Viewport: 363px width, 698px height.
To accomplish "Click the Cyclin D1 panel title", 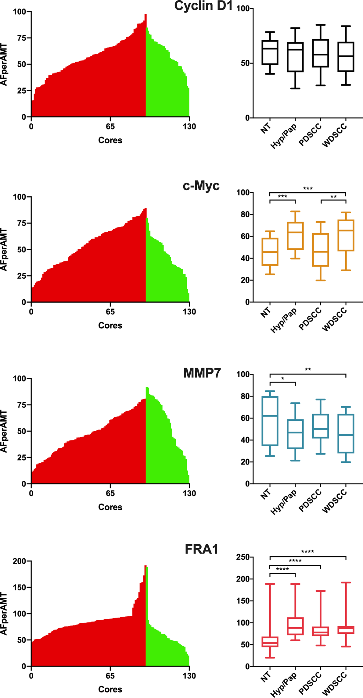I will point(204,6).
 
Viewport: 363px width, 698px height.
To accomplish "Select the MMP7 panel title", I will point(202,373).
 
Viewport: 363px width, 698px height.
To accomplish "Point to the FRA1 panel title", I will point(202,549).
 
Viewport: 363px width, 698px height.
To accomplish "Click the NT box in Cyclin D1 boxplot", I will point(270,52).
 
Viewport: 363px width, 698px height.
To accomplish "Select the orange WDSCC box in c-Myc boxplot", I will point(346,235).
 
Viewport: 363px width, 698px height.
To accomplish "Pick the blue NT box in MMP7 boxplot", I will point(270,421).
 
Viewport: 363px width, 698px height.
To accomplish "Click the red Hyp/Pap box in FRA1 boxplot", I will point(295,626).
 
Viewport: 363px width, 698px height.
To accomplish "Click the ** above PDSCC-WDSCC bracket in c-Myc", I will point(333,197).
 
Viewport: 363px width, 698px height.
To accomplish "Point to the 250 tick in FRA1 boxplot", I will point(243,557).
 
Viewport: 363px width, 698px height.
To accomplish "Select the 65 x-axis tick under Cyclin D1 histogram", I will point(110,126).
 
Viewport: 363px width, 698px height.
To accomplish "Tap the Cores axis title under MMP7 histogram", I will point(110,507).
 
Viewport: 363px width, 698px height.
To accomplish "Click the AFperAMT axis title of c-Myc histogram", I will point(4,249).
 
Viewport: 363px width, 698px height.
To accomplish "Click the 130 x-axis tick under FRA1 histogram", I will point(189,676).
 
